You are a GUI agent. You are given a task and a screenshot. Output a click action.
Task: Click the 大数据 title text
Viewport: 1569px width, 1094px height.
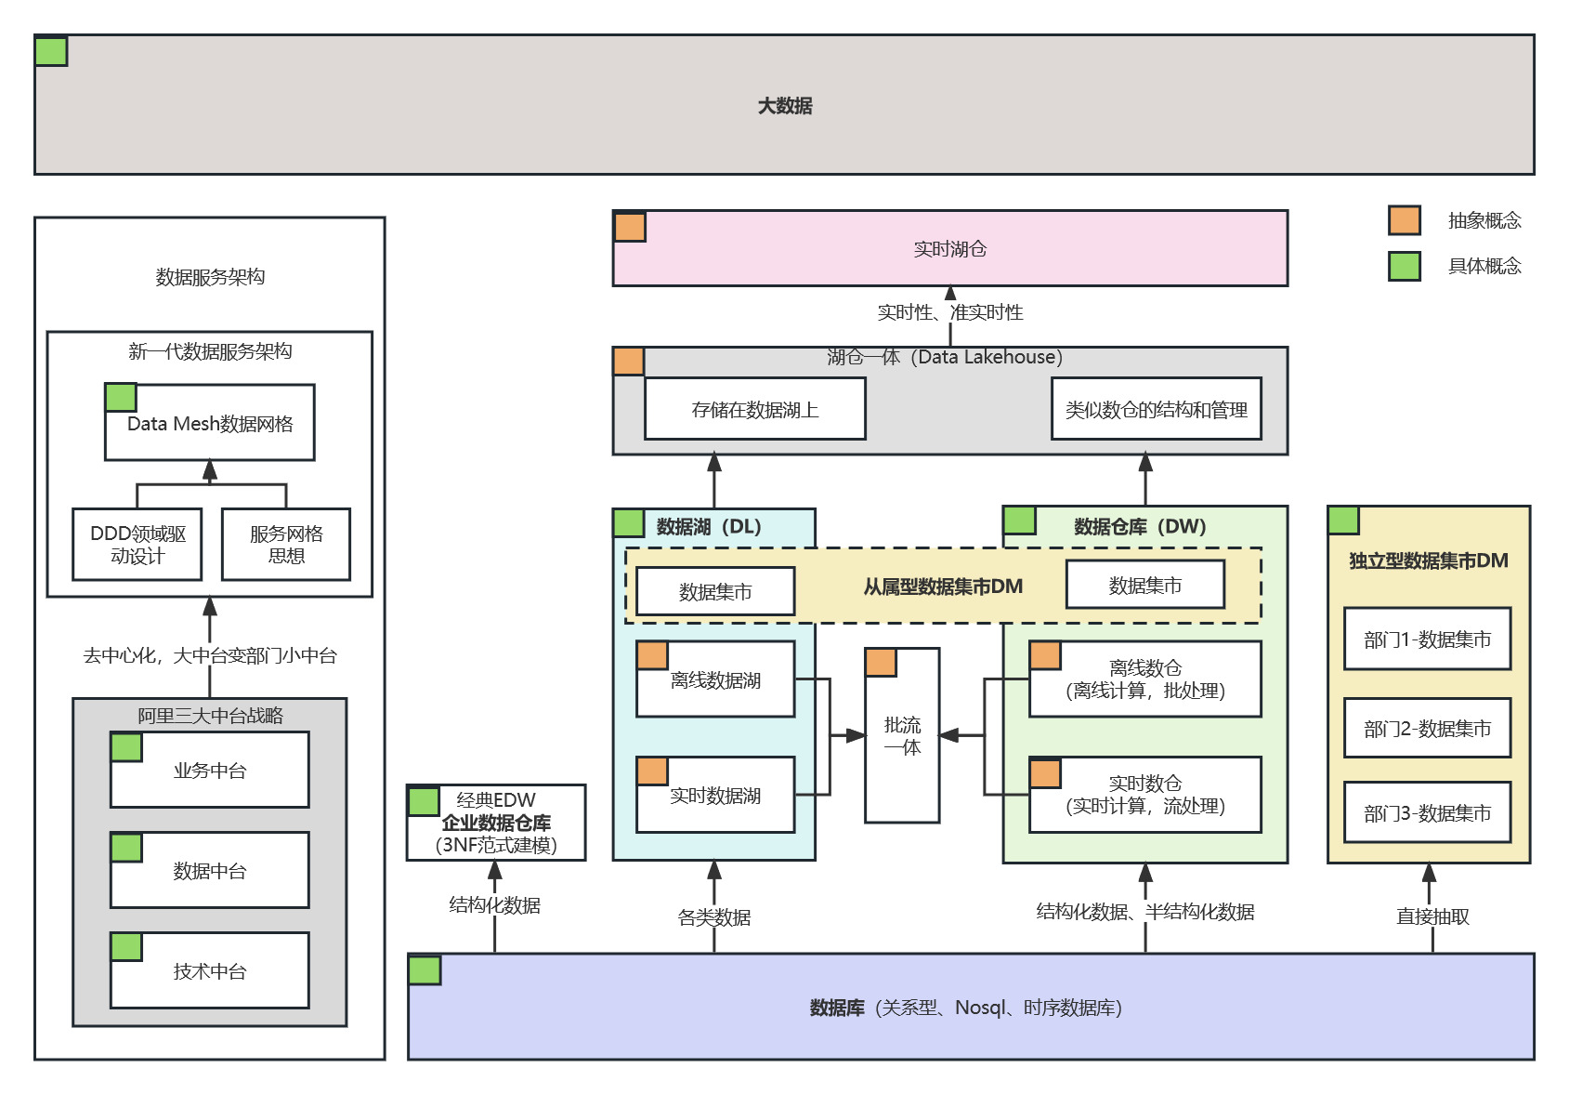785,106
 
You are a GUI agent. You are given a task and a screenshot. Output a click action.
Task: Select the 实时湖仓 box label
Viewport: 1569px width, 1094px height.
949,249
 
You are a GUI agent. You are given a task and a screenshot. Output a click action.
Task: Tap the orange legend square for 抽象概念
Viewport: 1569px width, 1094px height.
1404,220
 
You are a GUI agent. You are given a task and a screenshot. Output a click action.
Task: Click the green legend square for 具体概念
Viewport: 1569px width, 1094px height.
1404,266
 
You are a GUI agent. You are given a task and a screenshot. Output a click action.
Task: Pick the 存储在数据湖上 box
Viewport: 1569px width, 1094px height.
754,409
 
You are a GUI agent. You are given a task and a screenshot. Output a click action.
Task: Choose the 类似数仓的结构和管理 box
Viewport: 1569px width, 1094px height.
1156,409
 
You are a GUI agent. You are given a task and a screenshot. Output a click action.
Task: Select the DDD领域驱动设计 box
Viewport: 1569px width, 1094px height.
137,545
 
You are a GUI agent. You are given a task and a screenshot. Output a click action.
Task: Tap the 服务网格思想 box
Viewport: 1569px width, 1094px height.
286,545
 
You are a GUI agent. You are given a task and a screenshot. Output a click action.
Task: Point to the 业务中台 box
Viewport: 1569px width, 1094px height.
210,771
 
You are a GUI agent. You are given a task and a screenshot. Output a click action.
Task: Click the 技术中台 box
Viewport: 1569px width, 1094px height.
210,971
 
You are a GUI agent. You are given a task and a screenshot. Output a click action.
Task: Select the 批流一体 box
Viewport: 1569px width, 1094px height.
902,736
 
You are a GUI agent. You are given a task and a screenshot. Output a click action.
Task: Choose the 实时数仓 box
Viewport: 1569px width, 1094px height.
1144,795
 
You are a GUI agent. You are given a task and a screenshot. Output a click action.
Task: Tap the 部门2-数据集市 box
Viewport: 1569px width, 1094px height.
1427,729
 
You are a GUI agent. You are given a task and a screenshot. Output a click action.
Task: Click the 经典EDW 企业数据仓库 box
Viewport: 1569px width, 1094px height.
496,823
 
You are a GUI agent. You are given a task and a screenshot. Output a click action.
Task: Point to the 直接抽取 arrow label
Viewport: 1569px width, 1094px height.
1432,916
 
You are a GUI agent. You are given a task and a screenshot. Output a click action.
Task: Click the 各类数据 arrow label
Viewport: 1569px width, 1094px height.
714,917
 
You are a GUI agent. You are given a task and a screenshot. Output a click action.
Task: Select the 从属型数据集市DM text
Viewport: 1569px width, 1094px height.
943,587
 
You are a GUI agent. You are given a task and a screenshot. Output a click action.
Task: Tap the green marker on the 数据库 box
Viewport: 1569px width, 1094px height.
425,970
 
